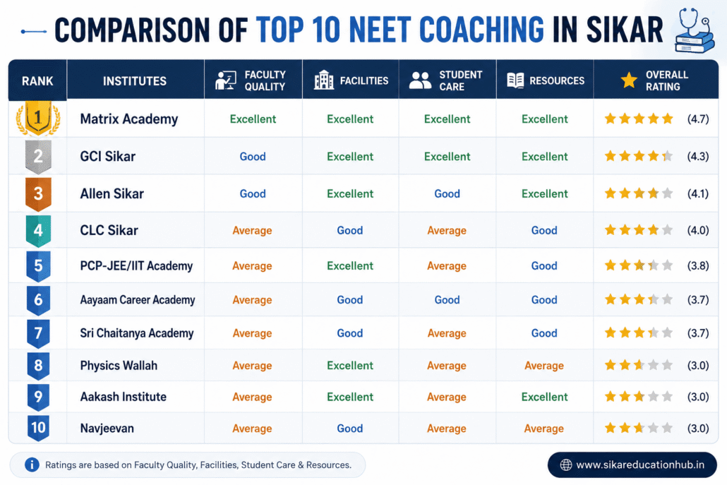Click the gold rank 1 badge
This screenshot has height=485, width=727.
click(38, 118)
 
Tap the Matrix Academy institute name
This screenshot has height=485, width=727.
click(129, 119)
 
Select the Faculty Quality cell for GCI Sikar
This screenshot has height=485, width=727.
click(253, 157)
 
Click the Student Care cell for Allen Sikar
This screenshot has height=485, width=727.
click(447, 194)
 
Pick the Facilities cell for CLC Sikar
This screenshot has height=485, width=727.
click(349, 230)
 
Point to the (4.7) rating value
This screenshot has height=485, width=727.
click(698, 119)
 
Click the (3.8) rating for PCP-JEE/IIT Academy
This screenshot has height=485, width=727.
click(698, 265)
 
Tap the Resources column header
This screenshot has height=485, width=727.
click(545, 80)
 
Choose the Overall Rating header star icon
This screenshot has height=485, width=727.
click(629, 80)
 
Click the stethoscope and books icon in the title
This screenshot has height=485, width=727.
click(694, 30)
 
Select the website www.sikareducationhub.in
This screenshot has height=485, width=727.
click(640, 465)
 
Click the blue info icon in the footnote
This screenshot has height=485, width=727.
click(32, 465)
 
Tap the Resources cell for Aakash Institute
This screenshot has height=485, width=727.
click(544, 397)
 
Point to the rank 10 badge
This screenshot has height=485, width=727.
click(38, 428)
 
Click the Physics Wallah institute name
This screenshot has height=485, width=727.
click(119, 366)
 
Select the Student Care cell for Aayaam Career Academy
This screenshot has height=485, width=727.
click(447, 300)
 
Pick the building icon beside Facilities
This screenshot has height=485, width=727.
click(324, 80)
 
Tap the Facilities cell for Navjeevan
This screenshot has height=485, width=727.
click(349, 429)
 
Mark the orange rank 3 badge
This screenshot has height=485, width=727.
click(38, 194)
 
